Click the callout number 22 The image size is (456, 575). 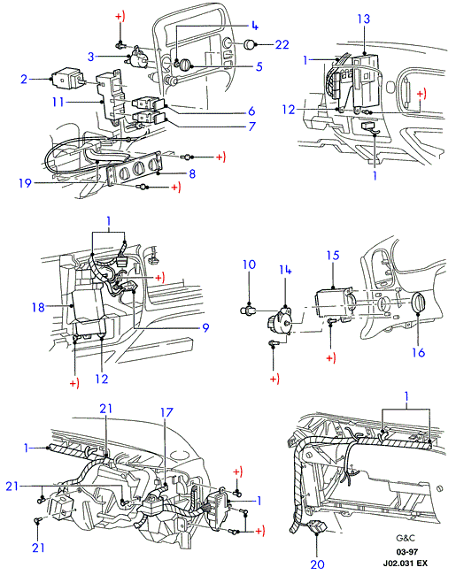point(282,44)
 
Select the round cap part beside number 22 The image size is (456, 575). point(251,44)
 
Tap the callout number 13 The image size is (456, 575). point(364,19)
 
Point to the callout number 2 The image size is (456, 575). point(24,79)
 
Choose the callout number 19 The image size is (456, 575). point(26,182)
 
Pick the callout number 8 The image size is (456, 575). point(192,173)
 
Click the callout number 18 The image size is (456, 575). point(38,307)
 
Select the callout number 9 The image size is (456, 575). point(205,327)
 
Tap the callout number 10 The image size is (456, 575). point(250,264)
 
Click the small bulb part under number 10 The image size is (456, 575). point(247,311)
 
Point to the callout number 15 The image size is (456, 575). point(333,256)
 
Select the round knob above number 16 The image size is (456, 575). point(418,303)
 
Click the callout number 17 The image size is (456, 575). point(166,412)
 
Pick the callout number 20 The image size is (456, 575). point(317,563)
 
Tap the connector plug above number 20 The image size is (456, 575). point(317,525)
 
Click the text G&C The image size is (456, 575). point(406,538)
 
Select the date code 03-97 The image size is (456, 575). point(406,551)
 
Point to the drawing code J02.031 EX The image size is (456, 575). point(406,563)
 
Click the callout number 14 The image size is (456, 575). point(285,270)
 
